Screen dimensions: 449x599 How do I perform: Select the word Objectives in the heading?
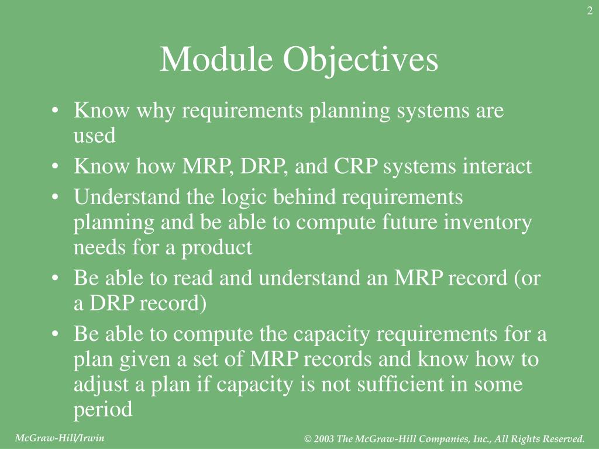pyautogui.click(x=361, y=60)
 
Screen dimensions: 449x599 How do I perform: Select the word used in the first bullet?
pyautogui.click(x=94, y=136)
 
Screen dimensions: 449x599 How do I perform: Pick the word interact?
pyautogui.click(x=498, y=167)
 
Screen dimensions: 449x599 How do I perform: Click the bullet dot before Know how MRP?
pyautogui.click(x=54, y=167)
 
